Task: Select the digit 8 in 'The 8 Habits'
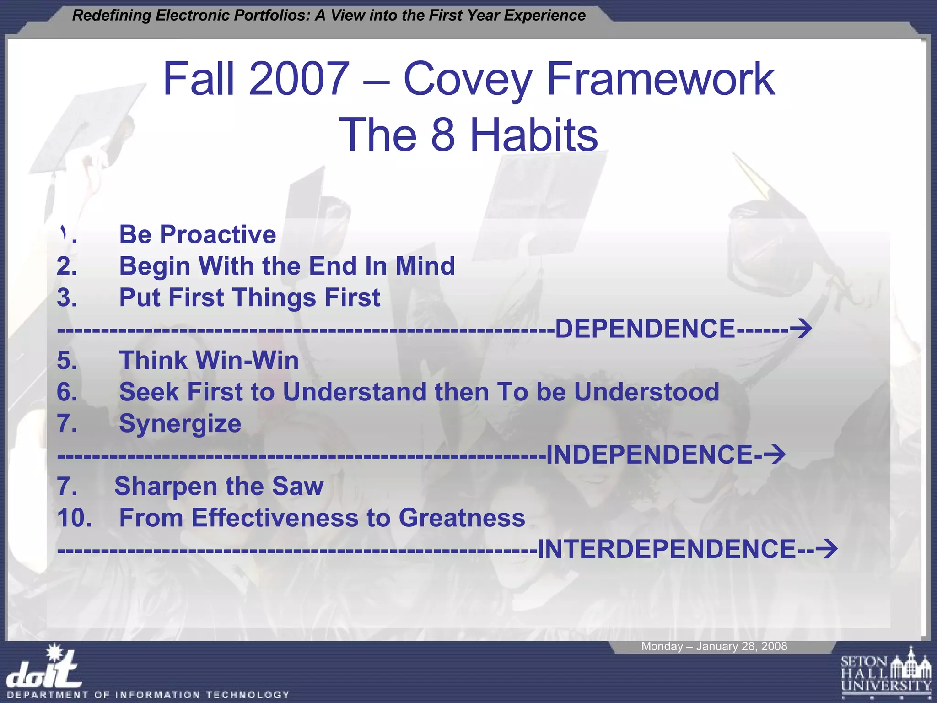443,135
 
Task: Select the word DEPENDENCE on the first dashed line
645,329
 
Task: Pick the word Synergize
180,423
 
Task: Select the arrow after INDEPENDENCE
774,454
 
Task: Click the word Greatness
462,518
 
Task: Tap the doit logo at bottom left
43,668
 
